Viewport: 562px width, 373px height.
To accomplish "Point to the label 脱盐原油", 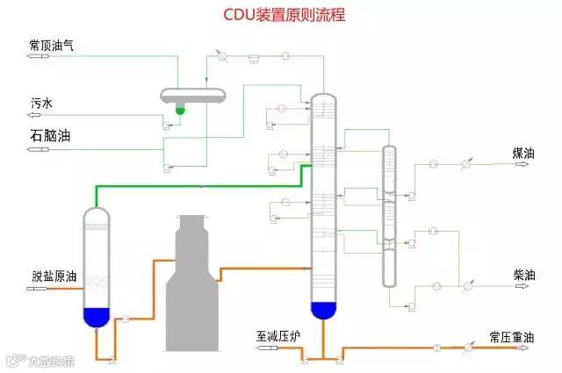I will pos(52,276).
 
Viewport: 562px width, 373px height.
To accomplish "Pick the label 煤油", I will pos(523,153).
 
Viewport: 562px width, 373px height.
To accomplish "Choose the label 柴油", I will pos(524,275).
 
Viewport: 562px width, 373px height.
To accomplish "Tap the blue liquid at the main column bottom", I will pos(323,310).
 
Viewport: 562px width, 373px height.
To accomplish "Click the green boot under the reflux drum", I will pos(180,111).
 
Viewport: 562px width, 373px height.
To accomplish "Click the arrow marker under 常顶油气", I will pos(36,57).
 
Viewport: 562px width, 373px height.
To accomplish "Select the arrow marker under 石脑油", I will pos(37,150).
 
